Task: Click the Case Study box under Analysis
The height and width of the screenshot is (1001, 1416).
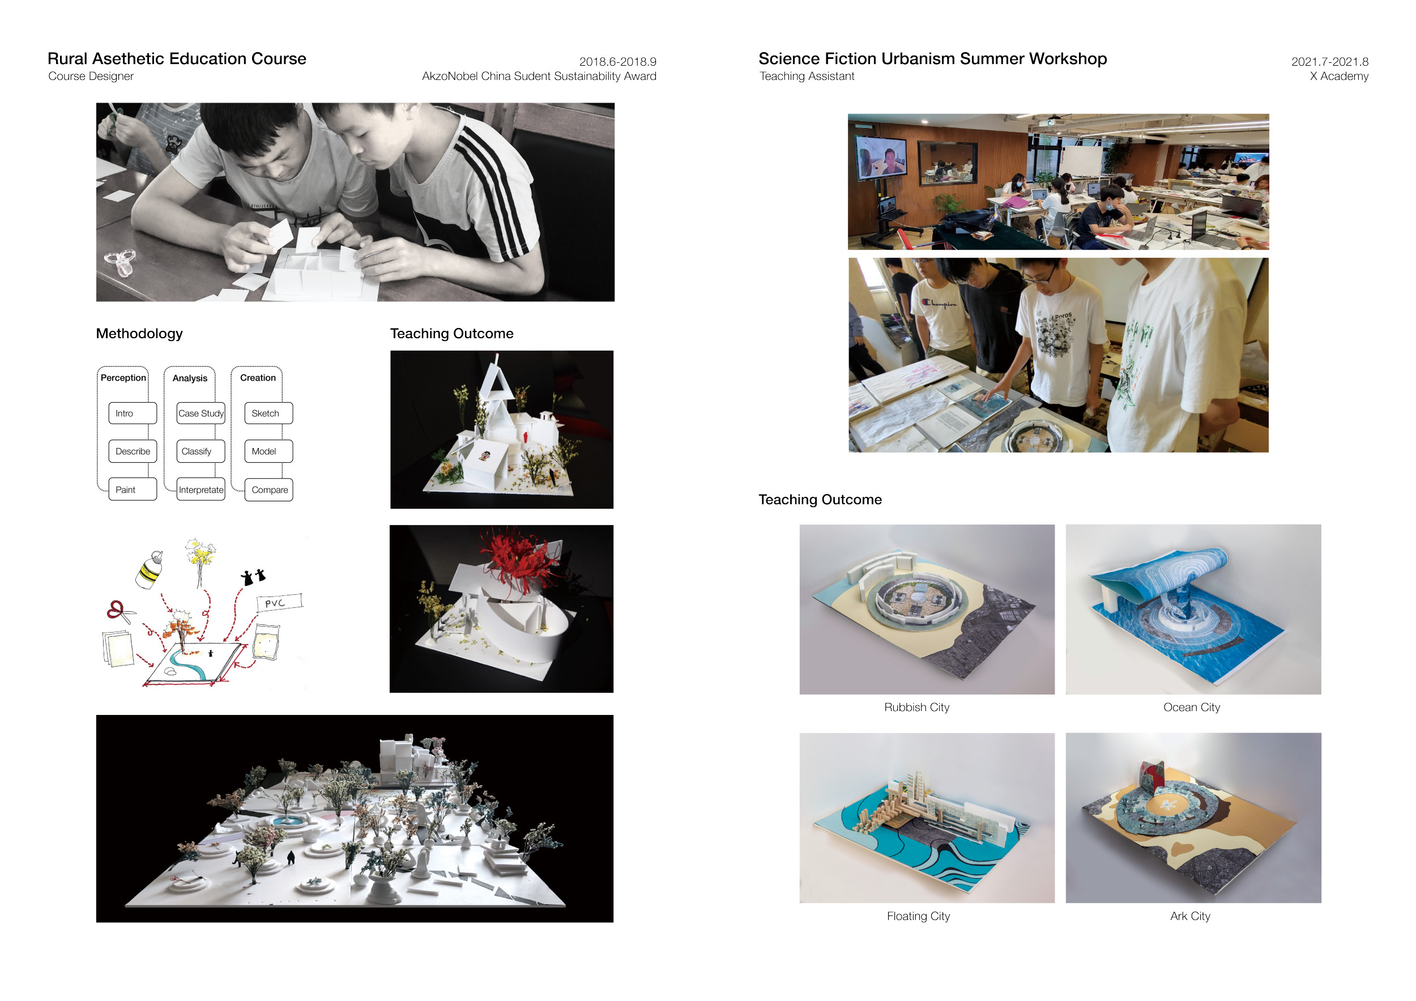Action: [201, 413]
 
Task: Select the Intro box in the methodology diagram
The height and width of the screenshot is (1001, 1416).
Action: [133, 413]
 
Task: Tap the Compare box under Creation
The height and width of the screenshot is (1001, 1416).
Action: [269, 489]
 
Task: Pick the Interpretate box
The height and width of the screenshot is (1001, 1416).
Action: [201, 489]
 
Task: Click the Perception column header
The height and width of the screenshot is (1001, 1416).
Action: [123, 377]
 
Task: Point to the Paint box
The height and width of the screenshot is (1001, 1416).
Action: [133, 489]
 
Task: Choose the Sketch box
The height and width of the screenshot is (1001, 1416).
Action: [269, 413]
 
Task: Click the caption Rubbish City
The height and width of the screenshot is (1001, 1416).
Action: [916, 708]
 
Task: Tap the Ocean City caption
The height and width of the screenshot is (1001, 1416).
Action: [1192, 708]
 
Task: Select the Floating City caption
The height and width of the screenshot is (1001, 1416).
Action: [918, 916]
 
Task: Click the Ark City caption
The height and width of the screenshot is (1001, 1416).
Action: [1190, 916]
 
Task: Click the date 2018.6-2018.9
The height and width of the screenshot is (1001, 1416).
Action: [617, 62]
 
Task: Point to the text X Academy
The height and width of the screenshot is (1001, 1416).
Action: [1339, 76]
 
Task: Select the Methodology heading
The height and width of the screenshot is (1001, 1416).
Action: [139, 334]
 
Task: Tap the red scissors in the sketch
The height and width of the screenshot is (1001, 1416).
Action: [120, 611]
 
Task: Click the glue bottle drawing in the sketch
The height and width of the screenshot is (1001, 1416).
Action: [150, 570]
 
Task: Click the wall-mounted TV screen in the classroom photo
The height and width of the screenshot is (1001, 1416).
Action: [881, 155]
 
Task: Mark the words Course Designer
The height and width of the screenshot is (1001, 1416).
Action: [91, 76]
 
